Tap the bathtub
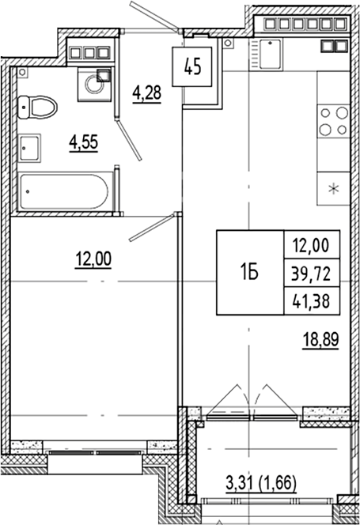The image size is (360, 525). (65, 191)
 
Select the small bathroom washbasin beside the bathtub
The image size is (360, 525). (31, 147)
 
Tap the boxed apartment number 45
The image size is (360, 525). (192, 65)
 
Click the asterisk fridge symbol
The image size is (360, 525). (334, 189)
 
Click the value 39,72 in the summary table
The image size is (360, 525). (311, 274)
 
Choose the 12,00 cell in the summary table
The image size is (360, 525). (311, 245)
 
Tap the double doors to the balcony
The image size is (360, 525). (247, 397)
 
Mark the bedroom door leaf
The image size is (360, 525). (146, 229)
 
